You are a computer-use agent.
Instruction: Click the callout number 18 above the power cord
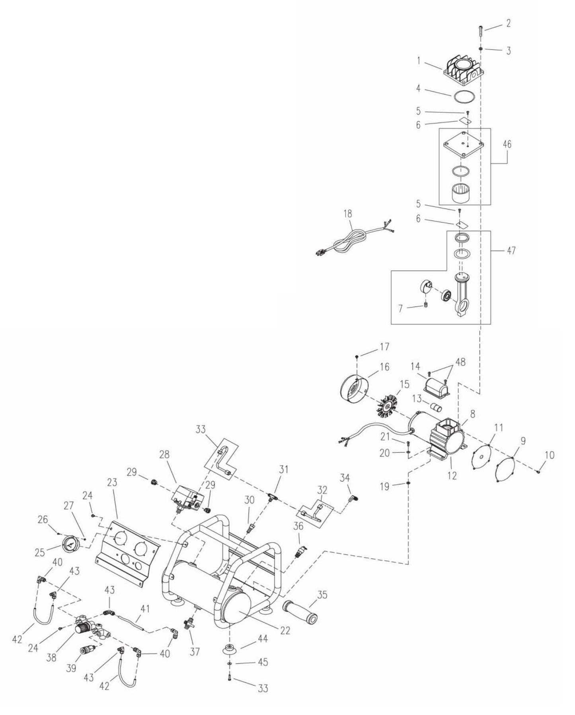(347, 214)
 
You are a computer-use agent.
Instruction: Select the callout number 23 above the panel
(112, 482)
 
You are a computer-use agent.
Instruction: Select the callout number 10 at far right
(549, 455)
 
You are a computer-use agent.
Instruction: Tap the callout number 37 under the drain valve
(194, 651)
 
